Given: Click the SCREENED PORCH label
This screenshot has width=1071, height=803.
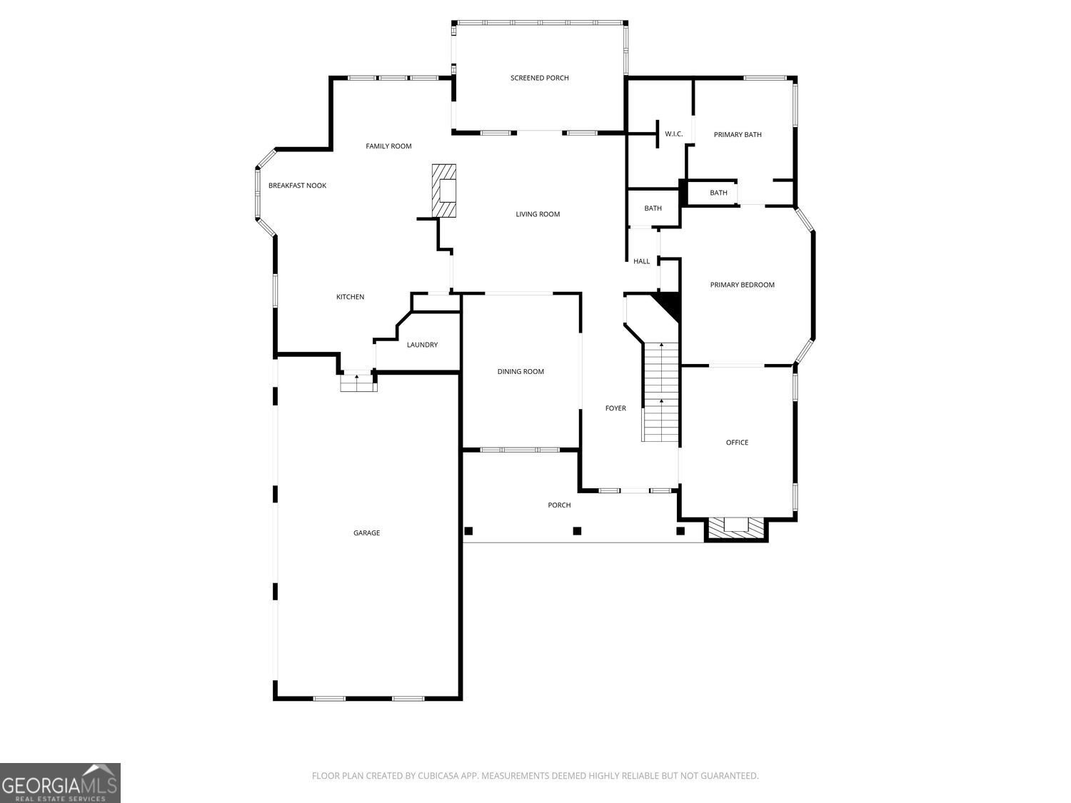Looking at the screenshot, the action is point(539,78).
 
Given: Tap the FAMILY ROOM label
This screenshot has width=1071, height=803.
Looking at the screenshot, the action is point(388,146).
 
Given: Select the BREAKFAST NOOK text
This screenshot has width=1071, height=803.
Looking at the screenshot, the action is point(297,186).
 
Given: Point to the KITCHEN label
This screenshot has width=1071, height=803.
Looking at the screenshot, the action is point(350,297).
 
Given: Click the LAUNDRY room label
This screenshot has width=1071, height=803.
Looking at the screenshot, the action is point(422,345).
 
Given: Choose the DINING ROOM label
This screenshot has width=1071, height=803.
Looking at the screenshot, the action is point(520,371).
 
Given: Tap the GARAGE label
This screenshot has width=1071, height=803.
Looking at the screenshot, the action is point(366,533).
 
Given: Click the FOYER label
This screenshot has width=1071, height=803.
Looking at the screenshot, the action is point(615,408).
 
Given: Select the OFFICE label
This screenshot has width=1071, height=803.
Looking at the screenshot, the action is point(737,443).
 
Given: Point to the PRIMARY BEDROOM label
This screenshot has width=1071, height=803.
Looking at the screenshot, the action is point(742,286).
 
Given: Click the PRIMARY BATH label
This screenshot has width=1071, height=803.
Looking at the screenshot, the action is point(738,135).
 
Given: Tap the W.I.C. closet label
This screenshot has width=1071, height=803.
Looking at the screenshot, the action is point(673,134).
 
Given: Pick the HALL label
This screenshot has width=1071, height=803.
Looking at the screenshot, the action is point(641,261).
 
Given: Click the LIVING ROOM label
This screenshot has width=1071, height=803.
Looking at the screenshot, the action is point(538,214).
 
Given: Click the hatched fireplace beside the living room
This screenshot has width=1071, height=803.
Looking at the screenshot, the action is point(444,191).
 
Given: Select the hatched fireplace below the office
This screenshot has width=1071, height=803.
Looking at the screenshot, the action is point(736,529).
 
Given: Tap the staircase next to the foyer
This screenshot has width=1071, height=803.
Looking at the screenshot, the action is point(660,392).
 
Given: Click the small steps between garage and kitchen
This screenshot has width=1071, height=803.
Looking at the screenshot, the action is point(358,382).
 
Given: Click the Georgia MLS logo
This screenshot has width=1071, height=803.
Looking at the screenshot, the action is point(60,783).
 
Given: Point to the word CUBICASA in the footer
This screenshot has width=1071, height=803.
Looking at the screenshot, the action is point(438,776).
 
